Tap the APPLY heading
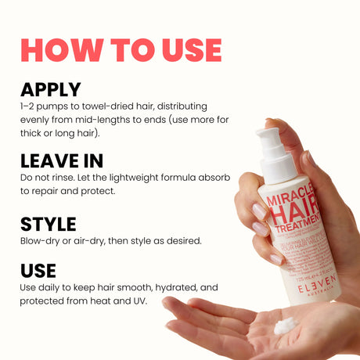coord(51,89)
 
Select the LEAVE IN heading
coord(62,161)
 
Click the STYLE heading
coord(48,225)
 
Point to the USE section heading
coord(38,271)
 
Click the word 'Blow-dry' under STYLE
coord(38,240)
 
